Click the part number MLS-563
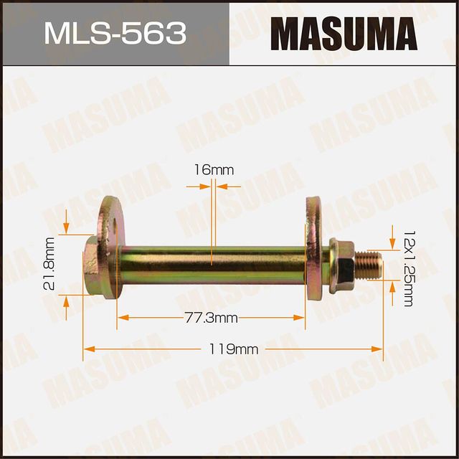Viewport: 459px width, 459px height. coord(115,32)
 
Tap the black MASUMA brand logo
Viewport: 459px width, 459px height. coord(344,33)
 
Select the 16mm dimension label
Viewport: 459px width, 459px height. coord(213,170)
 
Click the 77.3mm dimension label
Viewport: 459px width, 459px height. coord(210,317)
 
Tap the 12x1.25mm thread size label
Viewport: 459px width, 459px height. coord(408,268)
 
